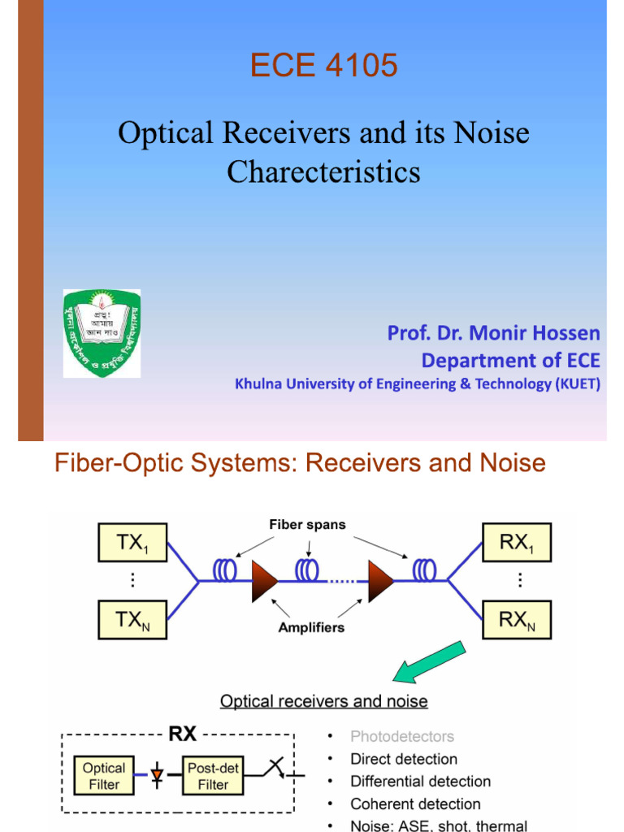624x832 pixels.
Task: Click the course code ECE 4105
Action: (323, 65)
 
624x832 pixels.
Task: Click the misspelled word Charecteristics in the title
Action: (323, 171)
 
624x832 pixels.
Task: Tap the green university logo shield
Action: (102, 333)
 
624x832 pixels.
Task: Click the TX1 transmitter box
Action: (132, 544)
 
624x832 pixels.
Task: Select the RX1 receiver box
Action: (516, 544)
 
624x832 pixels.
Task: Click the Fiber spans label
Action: (307, 525)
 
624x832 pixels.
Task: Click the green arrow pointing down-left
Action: (428, 661)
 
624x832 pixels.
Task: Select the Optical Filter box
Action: (103, 776)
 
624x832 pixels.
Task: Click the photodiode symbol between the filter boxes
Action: (158, 777)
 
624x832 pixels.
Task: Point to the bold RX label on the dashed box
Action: (183, 734)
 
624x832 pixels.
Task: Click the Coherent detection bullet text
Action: (415, 804)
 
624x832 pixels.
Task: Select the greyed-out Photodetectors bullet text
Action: (402, 737)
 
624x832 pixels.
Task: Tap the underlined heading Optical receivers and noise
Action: (324, 701)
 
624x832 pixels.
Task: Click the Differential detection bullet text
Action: (420, 782)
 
